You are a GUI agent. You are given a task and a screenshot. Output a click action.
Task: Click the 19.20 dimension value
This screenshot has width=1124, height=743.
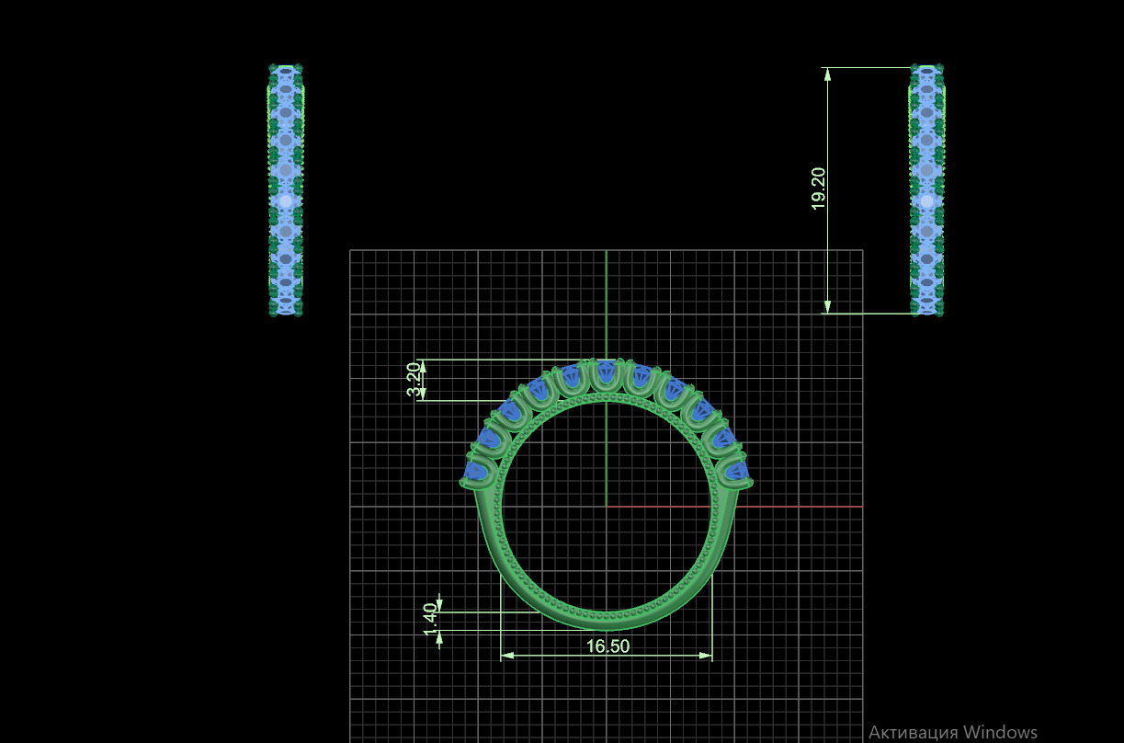point(819,189)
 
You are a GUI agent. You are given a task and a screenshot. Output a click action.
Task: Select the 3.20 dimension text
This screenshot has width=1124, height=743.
point(414,380)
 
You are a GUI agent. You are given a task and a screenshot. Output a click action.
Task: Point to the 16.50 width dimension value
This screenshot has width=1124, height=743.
point(607,646)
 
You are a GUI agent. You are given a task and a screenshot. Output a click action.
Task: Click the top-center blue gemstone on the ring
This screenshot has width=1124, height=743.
point(606,373)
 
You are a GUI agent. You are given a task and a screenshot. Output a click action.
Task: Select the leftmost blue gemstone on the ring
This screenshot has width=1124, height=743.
point(476,471)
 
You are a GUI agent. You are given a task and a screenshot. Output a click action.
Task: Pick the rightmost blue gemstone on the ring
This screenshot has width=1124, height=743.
point(736,472)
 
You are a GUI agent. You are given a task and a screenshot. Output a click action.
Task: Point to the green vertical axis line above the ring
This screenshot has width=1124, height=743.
point(606,303)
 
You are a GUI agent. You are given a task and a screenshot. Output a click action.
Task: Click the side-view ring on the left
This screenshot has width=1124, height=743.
point(285,190)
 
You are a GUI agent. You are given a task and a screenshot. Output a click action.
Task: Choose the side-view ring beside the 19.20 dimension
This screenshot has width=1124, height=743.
point(926,190)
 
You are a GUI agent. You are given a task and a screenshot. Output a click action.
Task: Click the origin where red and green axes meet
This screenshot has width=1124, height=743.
point(606,506)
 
